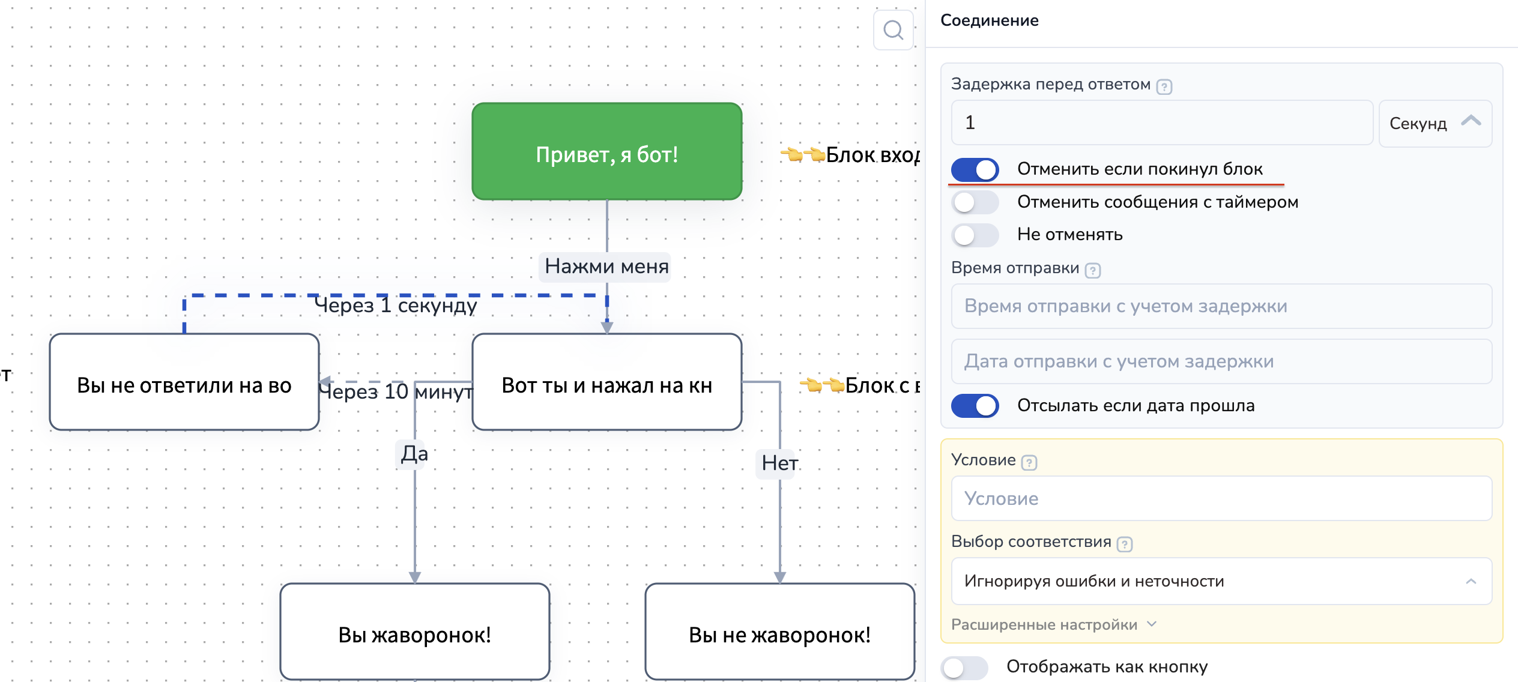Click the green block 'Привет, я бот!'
pyautogui.click(x=606, y=151)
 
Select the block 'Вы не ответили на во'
pyautogui.click(x=184, y=382)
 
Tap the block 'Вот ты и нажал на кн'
pyautogui.click(x=606, y=382)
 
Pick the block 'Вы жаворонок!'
pyautogui.click(x=414, y=632)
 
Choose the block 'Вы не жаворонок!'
pyautogui.click(x=779, y=632)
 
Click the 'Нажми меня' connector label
pyautogui.click(x=606, y=266)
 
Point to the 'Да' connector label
pyautogui.click(x=414, y=454)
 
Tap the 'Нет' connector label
pyautogui.click(x=779, y=463)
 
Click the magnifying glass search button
pyautogui.click(x=894, y=30)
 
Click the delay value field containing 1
pyautogui.click(x=1161, y=123)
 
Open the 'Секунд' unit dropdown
pyautogui.click(x=1435, y=123)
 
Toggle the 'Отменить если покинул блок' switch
pyautogui.click(x=975, y=170)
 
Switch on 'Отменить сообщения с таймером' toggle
pyautogui.click(x=975, y=202)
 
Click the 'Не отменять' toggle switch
pyautogui.click(x=975, y=235)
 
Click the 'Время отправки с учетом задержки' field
pyautogui.click(x=1221, y=306)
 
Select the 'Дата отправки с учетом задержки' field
pyautogui.click(x=1221, y=361)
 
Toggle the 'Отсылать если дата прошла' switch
pyautogui.click(x=975, y=406)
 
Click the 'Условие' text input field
pyautogui.click(x=1221, y=498)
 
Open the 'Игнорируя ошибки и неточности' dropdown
pyautogui.click(x=1221, y=581)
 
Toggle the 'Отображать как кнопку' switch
pyautogui.click(x=964, y=667)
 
